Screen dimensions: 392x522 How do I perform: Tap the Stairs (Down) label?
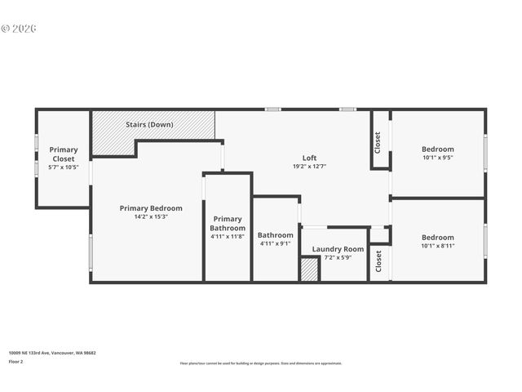[x=149, y=125]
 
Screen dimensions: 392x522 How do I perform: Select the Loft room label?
[x=309, y=158]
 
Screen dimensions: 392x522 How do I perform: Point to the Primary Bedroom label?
[x=151, y=208]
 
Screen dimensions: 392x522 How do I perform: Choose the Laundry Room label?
[x=338, y=249]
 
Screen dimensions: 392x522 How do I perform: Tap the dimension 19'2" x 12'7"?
[x=309, y=167]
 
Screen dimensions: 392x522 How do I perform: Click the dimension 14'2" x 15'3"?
[x=151, y=217]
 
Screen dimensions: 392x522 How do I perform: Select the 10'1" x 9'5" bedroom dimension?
[x=437, y=158]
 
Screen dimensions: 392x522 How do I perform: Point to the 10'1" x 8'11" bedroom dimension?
[x=437, y=245]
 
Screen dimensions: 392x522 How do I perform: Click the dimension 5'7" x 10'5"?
[x=64, y=167]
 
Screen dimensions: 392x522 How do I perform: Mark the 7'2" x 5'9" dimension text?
[x=338, y=258]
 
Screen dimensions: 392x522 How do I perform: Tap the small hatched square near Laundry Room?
[x=309, y=269]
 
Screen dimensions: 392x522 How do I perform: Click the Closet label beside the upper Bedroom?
[x=378, y=142]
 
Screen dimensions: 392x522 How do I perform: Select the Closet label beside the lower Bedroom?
[x=378, y=261]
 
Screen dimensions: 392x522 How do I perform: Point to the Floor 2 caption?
[x=16, y=361]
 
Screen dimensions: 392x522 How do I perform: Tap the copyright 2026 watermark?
[x=19, y=29]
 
